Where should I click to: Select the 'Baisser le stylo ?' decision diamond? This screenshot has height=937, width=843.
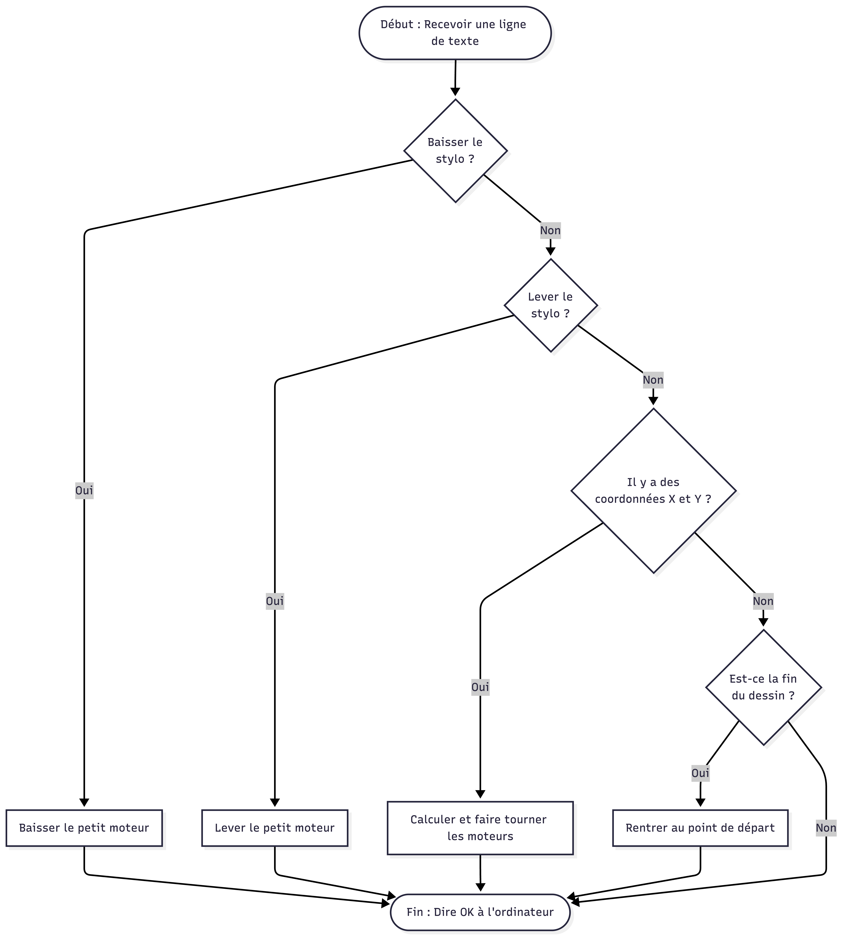click(455, 151)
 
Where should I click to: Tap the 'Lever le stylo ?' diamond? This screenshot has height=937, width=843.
click(551, 305)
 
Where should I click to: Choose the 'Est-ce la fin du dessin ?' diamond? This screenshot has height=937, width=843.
click(763, 687)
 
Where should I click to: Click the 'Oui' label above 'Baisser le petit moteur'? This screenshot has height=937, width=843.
click(84, 490)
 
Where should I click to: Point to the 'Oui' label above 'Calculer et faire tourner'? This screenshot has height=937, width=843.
click(480, 687)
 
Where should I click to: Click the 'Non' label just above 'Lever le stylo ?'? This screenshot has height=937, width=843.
click(550, 230)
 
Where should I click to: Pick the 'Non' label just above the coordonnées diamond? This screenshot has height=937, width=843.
click(653, 380)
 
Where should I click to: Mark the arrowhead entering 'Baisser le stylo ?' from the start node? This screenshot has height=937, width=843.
click(455, 91)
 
